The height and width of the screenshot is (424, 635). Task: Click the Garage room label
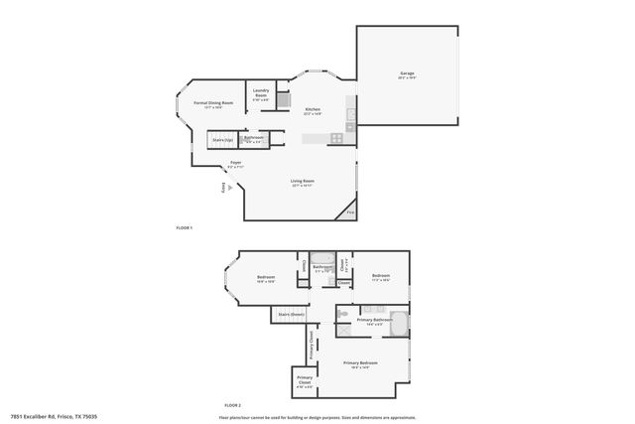[x=407, y=75]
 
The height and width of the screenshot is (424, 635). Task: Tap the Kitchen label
[x=313, y=110]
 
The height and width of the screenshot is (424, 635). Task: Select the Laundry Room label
[x=261, y=95]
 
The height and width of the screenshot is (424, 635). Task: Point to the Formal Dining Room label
[x=213, y=104]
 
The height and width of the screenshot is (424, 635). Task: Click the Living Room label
[x=303, y=182]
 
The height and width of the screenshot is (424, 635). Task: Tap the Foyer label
[x=235, y=164]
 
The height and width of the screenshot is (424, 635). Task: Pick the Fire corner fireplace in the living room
[x=349, y=212]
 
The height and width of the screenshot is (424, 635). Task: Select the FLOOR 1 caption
[x=184, y=228]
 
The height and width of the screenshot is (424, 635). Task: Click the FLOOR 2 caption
[x=232, y=406]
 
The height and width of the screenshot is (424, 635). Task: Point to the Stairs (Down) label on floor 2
[x=290, y=315]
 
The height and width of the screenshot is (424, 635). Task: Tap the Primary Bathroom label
[x=371, y=322]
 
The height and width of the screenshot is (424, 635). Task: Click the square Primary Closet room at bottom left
[x=304, y=383]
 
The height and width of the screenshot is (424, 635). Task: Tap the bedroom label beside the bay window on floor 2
[x=266, y=278]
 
